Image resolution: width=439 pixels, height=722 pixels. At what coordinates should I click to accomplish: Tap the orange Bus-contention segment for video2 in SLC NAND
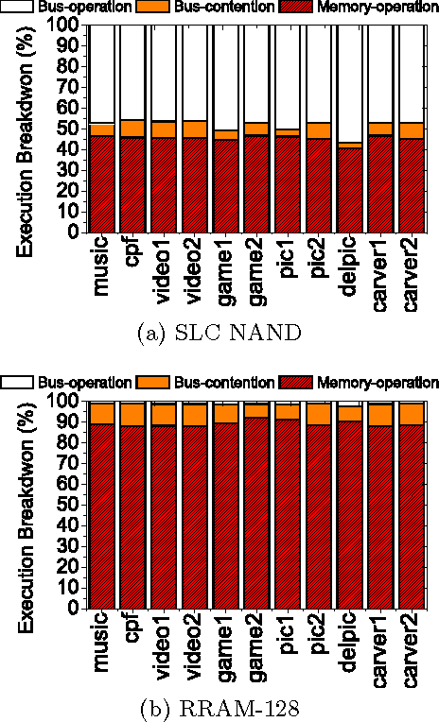click(195, 129)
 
